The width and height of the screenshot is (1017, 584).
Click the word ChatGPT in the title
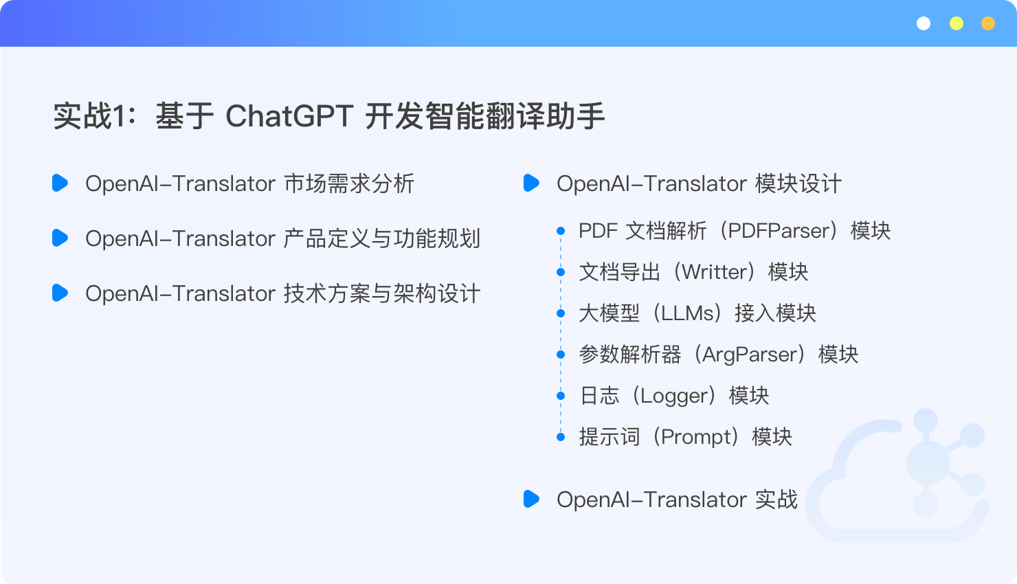point(289,116)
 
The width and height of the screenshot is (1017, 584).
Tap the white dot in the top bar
point(924,23)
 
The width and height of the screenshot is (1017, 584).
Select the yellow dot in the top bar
point(957,23)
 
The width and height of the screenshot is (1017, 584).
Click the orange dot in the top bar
point(988,23)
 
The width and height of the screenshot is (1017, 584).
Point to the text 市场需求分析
point(348,183)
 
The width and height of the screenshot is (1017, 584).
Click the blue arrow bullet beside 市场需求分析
point(60,183)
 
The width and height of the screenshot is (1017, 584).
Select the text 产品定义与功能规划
point(382,238)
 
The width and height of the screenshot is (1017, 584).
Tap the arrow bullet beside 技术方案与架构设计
point(60,293)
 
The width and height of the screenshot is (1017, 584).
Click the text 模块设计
point(798,183)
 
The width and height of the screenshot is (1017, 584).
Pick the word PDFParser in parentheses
point(779,231)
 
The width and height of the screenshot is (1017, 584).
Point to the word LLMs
point(687,313)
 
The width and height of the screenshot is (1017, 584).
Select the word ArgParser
point(752,355)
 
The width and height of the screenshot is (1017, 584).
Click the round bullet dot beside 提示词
point(561,437)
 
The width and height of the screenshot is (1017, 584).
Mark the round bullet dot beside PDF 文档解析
point(561,231)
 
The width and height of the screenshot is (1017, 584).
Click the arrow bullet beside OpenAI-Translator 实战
point(531,499)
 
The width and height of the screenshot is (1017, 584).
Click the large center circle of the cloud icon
point(928,463)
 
